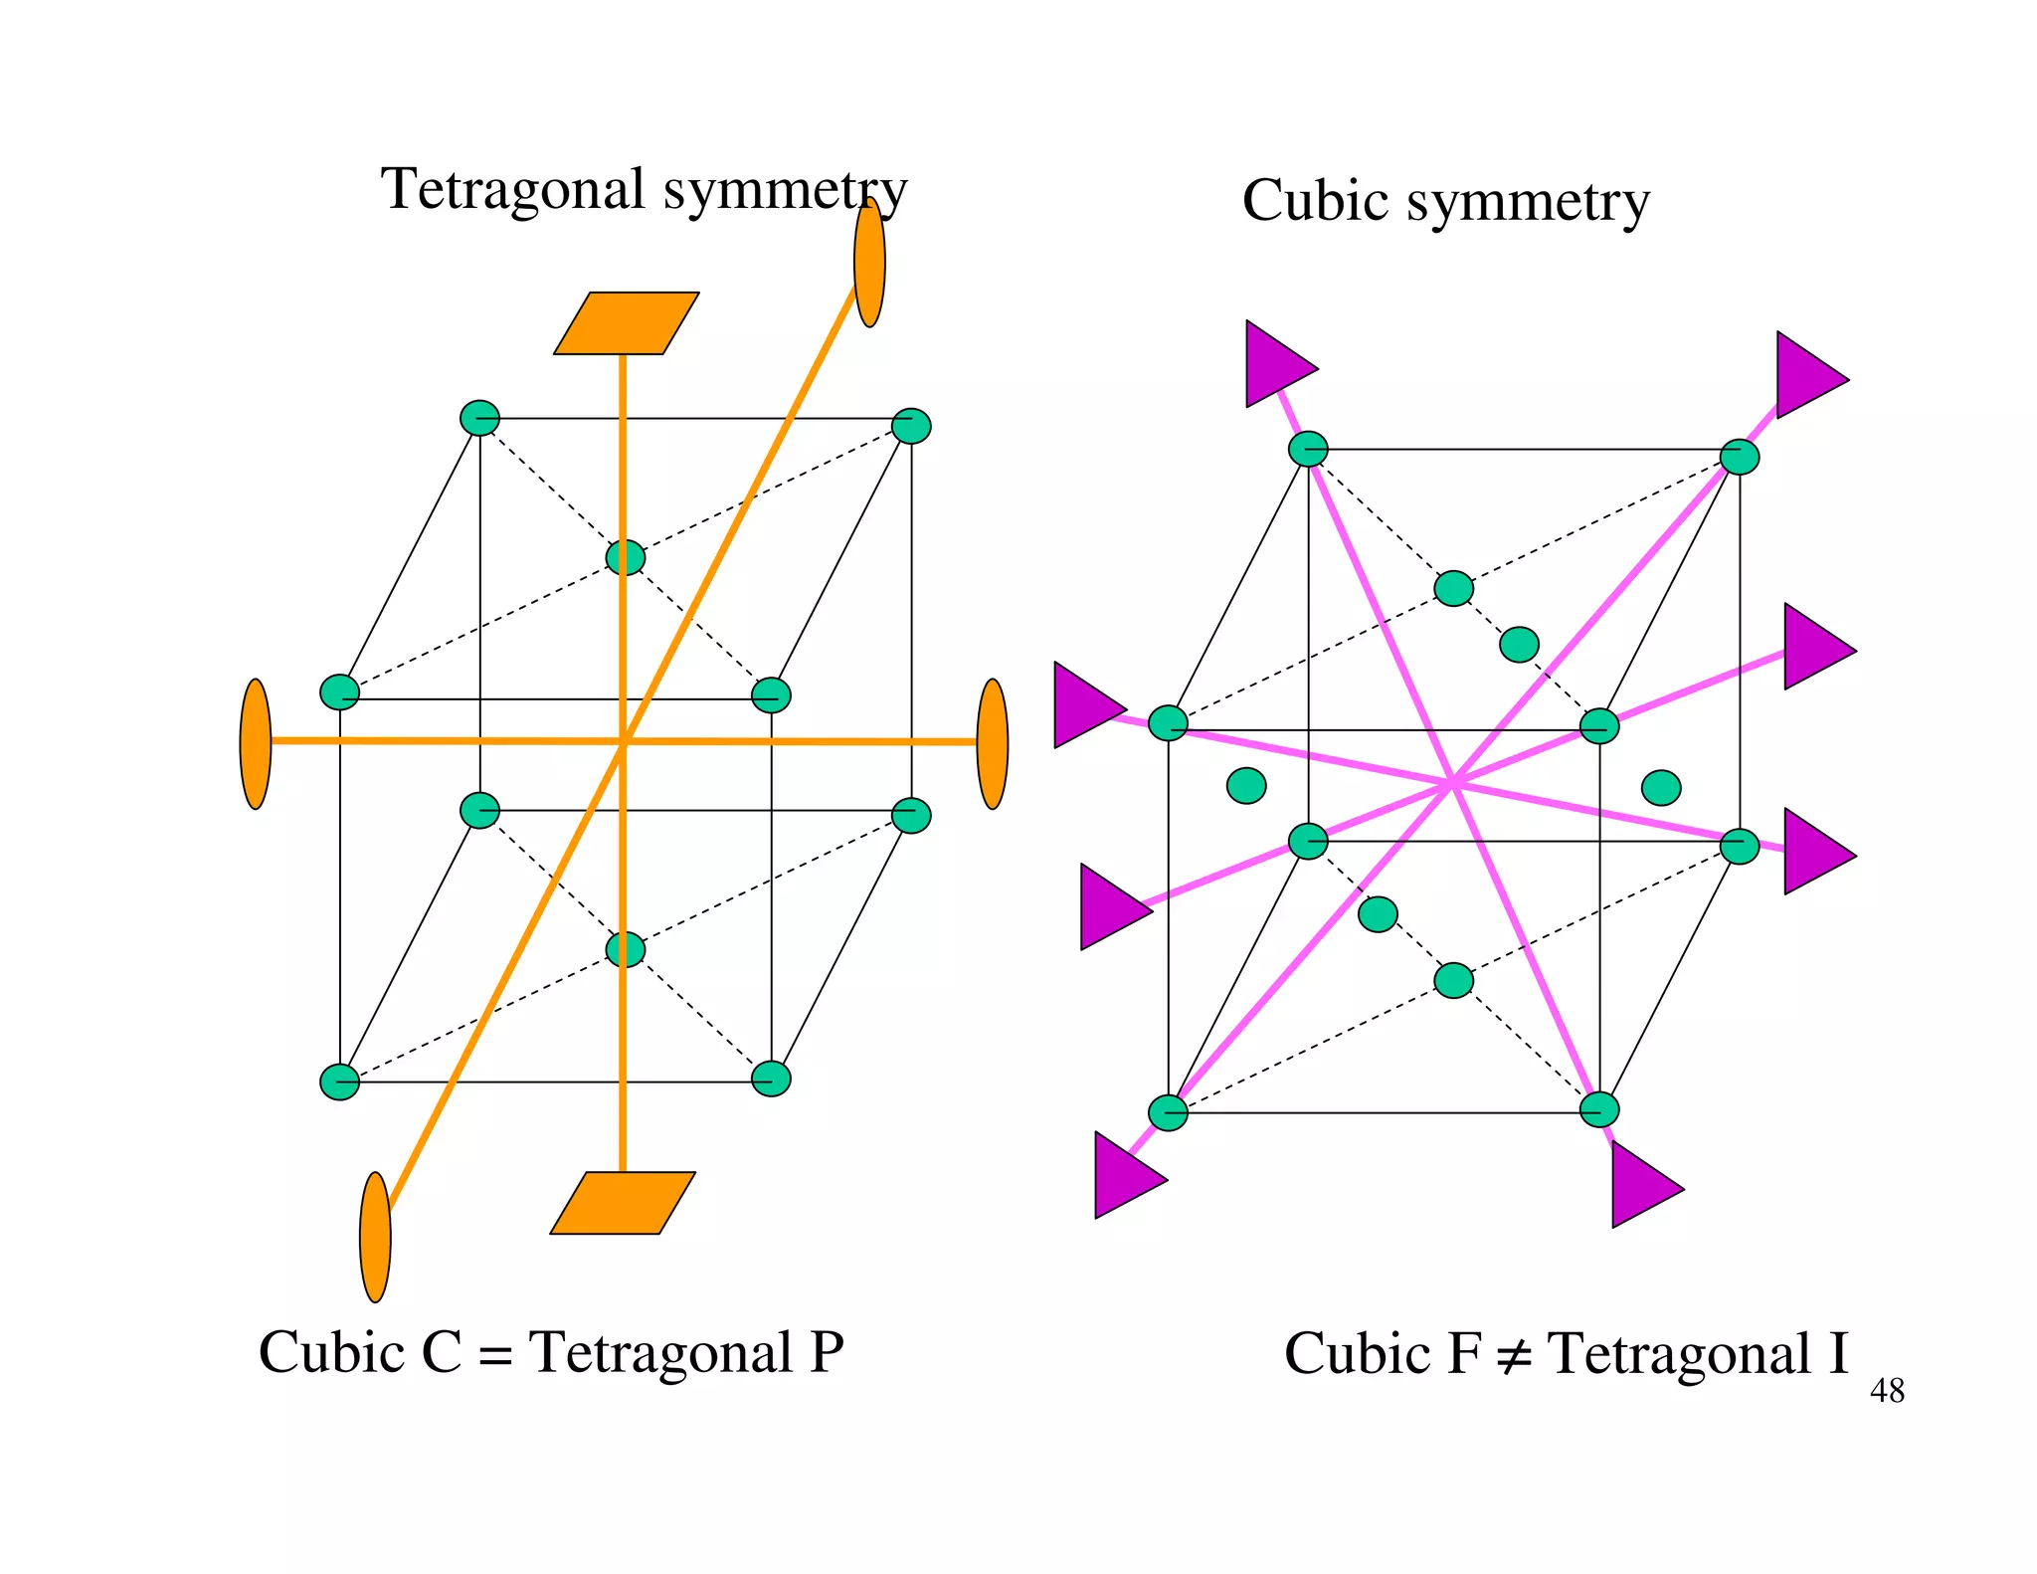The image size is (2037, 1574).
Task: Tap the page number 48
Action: tap(1887, 1391)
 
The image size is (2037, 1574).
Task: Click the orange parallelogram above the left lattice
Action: tap(627, 323)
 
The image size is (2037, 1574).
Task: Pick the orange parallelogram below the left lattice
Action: tap(623, 1203)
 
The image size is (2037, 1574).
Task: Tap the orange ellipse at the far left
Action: tap(256, 743)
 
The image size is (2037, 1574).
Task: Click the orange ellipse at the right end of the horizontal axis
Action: tap(993, 743)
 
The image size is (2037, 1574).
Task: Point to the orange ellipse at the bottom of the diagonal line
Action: tap(375, 1237)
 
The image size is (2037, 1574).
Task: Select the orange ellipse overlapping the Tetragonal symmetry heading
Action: tap(869, 263)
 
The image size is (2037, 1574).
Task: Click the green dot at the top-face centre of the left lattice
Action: tap(626, 557)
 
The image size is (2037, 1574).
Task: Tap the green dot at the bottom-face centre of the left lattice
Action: tap(626, 949)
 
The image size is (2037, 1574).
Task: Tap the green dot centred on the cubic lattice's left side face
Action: tap(1246, 786)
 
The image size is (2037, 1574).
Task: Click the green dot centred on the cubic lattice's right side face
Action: tap(1661, 788)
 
